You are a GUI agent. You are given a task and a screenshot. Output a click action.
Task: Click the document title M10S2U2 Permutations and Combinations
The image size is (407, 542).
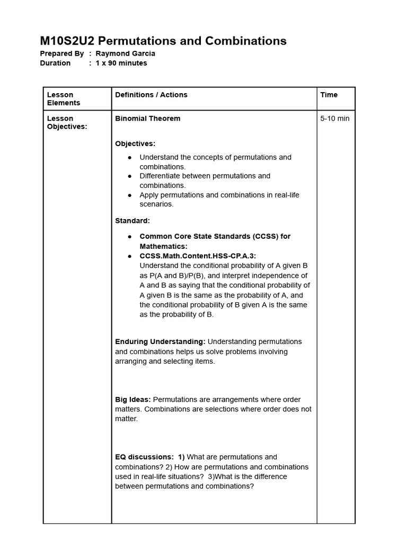click(163, 41)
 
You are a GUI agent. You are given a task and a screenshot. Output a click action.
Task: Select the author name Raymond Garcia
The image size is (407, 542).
click(125, 53)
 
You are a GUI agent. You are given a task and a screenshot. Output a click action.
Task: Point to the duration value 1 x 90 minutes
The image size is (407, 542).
click(121, 63)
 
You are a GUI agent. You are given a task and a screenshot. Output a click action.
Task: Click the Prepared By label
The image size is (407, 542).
click(62, 53)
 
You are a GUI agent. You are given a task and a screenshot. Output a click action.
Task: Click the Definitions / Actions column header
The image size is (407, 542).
click(151, 95)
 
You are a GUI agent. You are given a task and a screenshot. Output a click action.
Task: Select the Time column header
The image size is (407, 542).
click(329, 95)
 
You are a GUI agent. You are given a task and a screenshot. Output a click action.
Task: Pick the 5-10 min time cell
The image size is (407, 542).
click(334, 119)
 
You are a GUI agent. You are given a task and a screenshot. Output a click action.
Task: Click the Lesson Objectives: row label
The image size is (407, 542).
click(67, 123)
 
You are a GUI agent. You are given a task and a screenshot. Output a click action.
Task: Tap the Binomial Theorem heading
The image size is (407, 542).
click(147, 119)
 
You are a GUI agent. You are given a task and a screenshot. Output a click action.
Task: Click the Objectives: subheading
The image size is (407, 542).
click(135, 143)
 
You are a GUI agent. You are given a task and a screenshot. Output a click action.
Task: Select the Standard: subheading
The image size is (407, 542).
click(132, 220)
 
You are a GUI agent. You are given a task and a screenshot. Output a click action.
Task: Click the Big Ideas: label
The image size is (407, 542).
click(132, 400)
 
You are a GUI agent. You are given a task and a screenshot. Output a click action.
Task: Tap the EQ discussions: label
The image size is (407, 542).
click(144, 457)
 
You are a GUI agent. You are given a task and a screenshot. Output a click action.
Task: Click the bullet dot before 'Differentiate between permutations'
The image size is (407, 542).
click(130, 176)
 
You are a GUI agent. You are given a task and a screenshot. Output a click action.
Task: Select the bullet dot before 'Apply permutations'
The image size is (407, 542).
click(130, 195)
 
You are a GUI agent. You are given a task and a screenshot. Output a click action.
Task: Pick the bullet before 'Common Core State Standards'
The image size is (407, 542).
click(130, 237)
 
